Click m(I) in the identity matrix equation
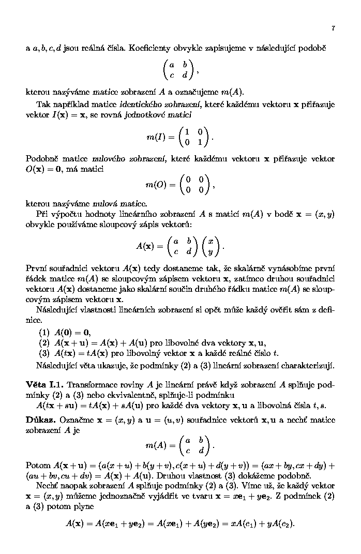[x=157, y=138]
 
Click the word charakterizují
[x=306, y=366]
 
